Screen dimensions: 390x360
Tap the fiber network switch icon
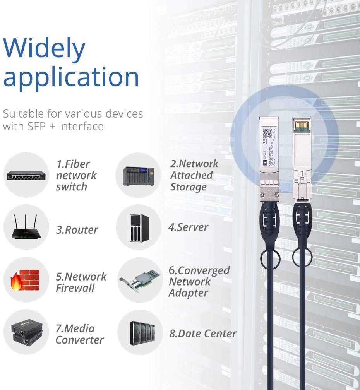point(26,176)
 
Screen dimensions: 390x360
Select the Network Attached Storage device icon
point(138,176)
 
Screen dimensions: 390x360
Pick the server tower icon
point(139,228)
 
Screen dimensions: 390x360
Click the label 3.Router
point(77,230)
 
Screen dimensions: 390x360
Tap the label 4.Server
point(188,227)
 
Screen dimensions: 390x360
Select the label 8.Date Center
point(202,334)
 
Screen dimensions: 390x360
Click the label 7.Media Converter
point(79,334)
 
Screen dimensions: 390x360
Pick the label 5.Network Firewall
point(81,282)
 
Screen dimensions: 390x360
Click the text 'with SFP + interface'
point(53,126)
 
